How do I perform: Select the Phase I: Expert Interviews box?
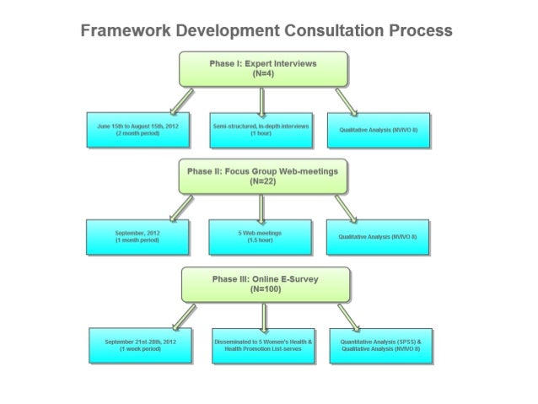[x=263, y=68]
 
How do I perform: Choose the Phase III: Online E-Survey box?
[x=263, y=283]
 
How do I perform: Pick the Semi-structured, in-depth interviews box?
[x=261, y=129]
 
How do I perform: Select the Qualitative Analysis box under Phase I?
[x=385, y=129]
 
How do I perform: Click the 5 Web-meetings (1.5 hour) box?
[x=261, y=236]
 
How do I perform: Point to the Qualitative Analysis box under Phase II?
[x=385, y=236]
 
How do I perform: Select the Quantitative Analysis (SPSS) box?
[x=385, y=346]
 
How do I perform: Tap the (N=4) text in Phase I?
[x=263, y=73]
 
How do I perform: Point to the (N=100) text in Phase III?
[x=263, y=288]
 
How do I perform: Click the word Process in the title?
[x=419, y=31]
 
